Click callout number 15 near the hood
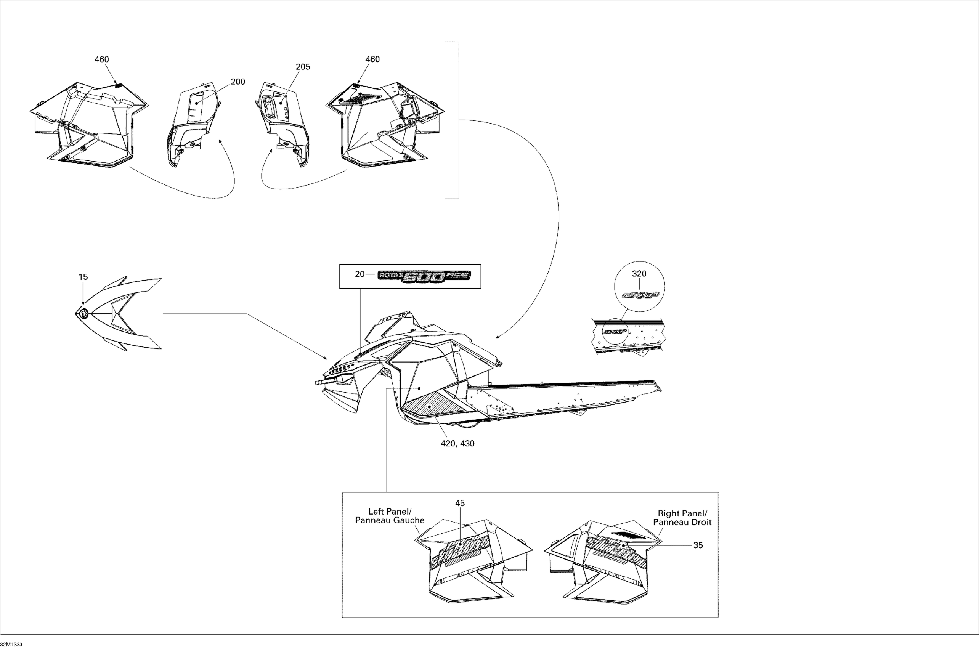pyautogui.click(x=83, y=277)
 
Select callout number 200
pyautogui.click(x=238, y=82)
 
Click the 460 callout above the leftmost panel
pyautogui.click(x=102, y=59)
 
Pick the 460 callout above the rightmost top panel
pyautogui.click(x=372, y=59)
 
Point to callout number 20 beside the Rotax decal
pyautogui.click(x=360, y=274)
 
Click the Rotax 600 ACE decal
pyautogui.click(x=424, y=276)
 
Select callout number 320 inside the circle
pyautogui.click(x=639, y=274)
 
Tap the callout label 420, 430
pyautogui.click(x=457, y=443)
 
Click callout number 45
pyautogui.click(x=460, y=503)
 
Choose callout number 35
pyautogui.click(x=698, y=545)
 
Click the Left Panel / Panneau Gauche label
pyautogui.click(x=390, y=516)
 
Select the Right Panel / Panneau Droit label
pyautogui.click(x=682, y=518)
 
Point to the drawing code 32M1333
pyautogui.click(x=11, y=644)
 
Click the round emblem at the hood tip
pyautogui.click(x=83, y=314)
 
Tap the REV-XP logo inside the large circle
pyautogui.click(x=640, y=296)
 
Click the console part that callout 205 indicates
pyautogui.click(x=285, y=120)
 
